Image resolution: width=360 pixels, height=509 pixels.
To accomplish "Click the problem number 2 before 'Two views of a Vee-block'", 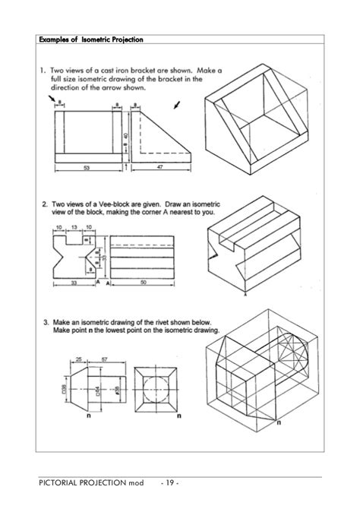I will (x=45, y=204).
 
